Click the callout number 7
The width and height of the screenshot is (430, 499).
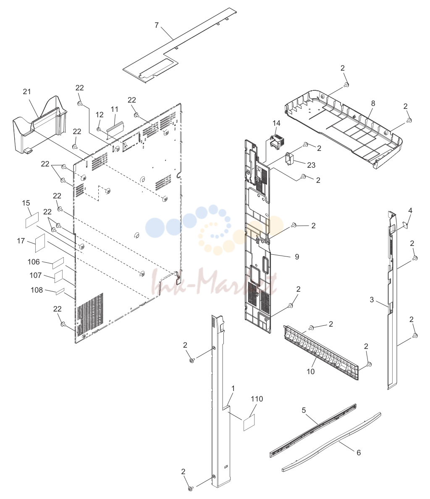point(156,25)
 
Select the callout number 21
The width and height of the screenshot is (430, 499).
point(27,92)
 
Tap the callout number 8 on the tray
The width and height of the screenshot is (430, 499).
point(373,103)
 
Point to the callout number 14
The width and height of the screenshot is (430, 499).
point(276,123)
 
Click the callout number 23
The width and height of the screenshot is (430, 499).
point(311,165)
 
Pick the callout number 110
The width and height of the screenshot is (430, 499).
point(257,399)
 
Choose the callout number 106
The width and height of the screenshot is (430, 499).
point(34,261)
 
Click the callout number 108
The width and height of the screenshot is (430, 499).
point(37,290)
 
